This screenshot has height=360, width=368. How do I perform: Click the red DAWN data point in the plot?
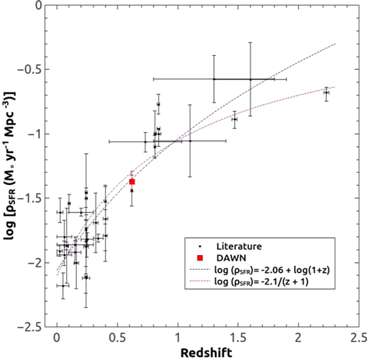pyautogui.click(x=132, y=181)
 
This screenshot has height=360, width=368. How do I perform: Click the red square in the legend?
pyautogui.click(x=200, y=257)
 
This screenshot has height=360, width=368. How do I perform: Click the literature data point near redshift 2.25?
pyautogui.click(x=327, y=92)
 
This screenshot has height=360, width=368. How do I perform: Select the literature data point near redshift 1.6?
pyautogui.click(x=250, y=79)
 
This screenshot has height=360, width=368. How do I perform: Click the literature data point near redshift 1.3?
pyautogui.click(x=214, y=79)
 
